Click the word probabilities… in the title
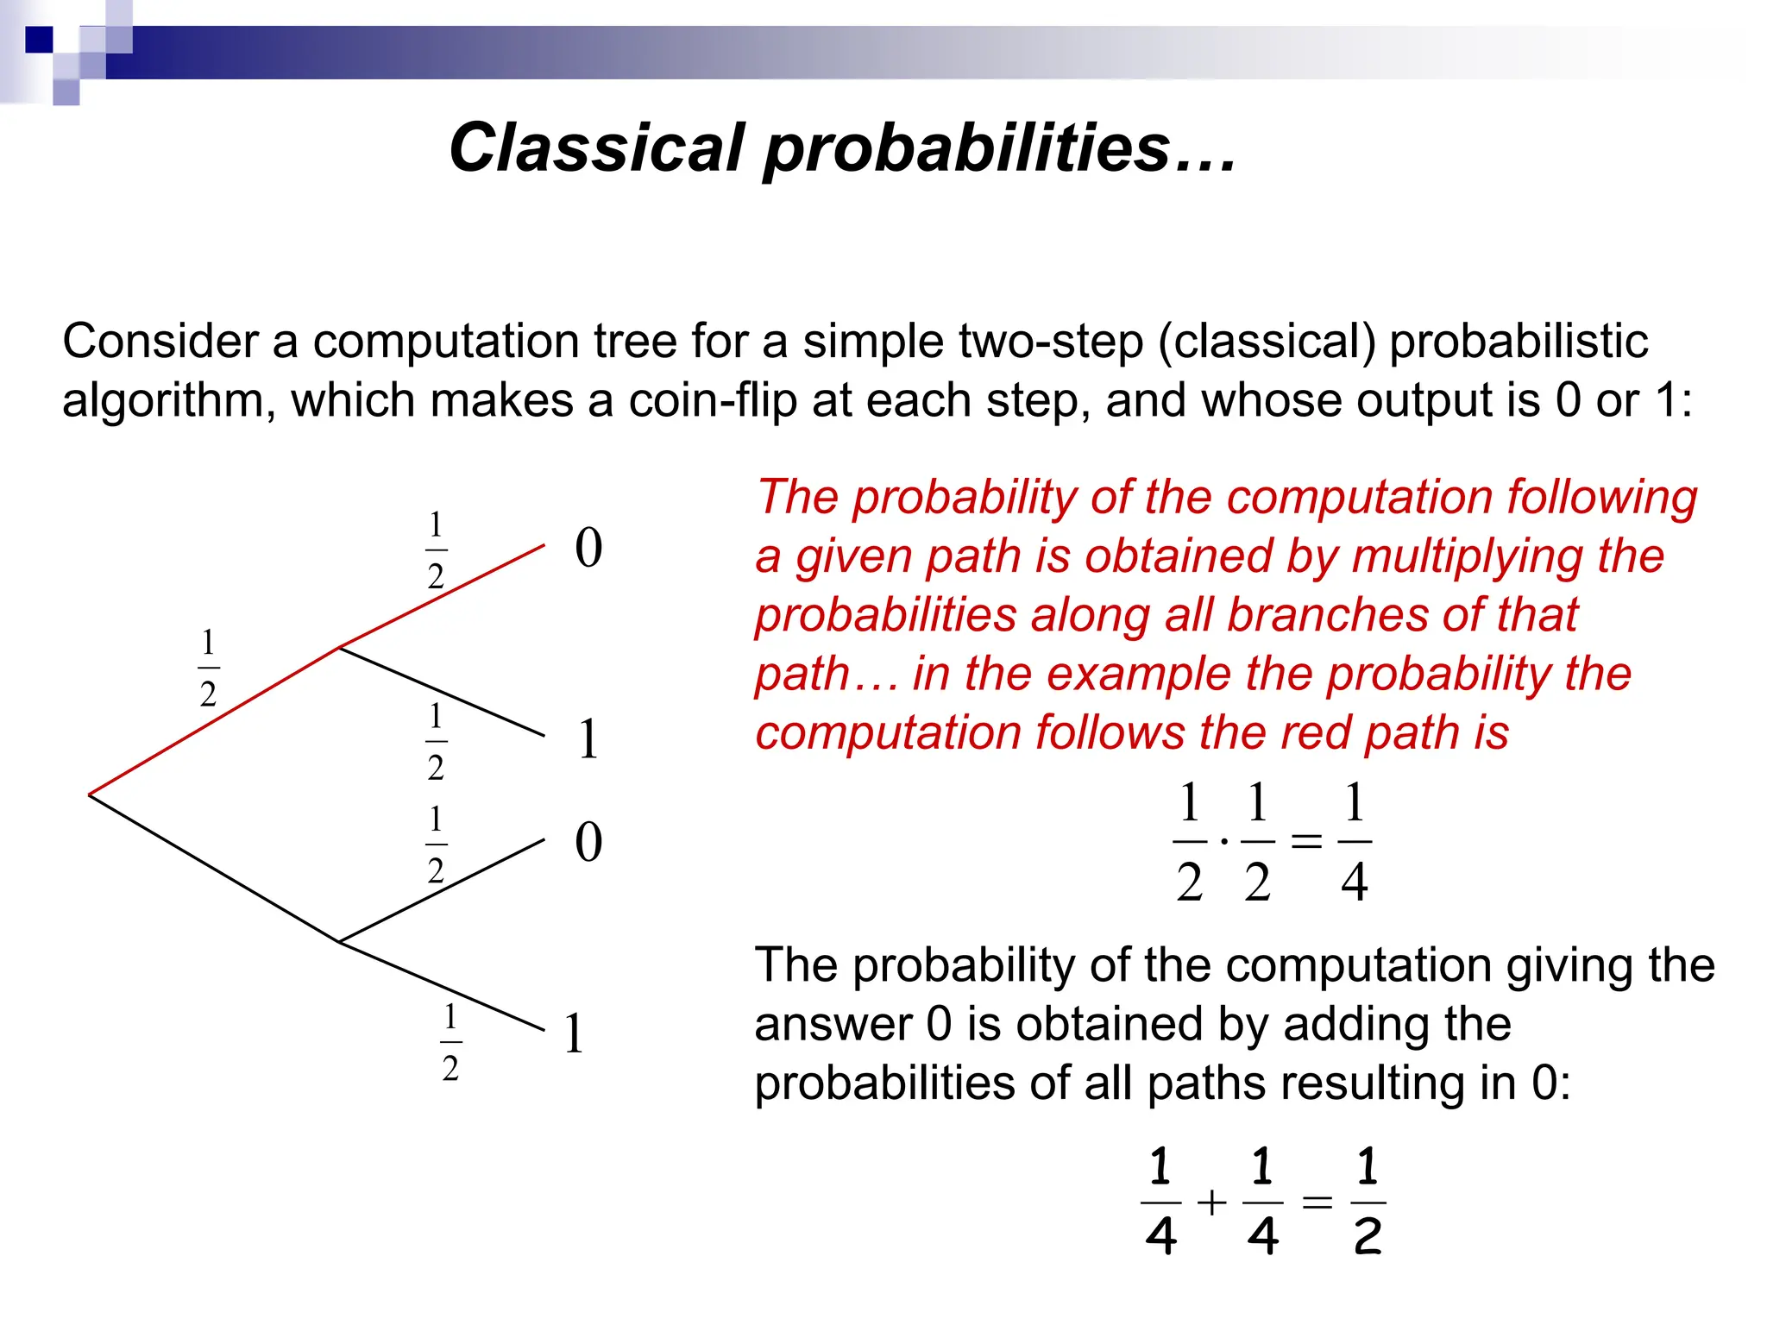(x=1000, y=148)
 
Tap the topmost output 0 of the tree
(x=588, y=548)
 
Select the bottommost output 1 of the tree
(x=575, y=1033)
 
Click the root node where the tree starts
(x=91, y=794)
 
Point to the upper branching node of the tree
(x=340, y=647)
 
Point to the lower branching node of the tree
(x=340, y=941)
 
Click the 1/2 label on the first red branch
(x=208, y=669)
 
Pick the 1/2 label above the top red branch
(x=436, y=550)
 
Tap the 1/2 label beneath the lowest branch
(x=450, y=1043)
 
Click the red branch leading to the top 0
(x=442, y=596)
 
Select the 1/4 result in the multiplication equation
(x=1354, y=841)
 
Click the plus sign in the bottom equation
(x=1212, y=1202)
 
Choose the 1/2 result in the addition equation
(x=1367, y=1202)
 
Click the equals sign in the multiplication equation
(x=1306, y=840)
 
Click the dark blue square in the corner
(x=39, y=40)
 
